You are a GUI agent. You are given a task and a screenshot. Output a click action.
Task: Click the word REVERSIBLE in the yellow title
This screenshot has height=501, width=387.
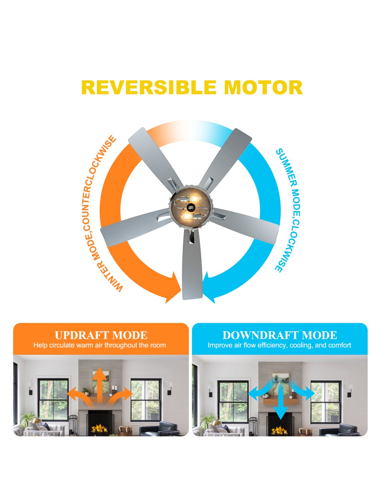click(149, 87)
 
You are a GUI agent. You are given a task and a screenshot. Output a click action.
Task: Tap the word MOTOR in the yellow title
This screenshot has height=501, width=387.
click(264, 87)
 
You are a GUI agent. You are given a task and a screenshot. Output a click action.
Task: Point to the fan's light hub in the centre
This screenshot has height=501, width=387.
click(191, 208)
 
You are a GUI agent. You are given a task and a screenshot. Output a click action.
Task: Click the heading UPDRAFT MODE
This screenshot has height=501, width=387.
click(101, 335)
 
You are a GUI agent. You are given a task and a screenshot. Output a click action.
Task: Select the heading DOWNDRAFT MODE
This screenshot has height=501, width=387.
click(280, 335)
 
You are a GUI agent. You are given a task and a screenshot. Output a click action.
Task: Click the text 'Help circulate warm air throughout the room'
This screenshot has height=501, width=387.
click(100, 345)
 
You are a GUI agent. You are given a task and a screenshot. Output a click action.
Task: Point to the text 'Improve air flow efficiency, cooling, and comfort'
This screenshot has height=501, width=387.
click(279, 345)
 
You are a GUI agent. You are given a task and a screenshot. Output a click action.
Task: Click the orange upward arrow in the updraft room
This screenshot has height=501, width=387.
click(100, 385)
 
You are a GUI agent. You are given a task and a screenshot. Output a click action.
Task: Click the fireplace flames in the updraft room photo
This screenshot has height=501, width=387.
click(99, 429)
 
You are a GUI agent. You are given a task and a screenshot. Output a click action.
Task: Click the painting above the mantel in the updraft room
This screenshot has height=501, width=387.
click(101, 381)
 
